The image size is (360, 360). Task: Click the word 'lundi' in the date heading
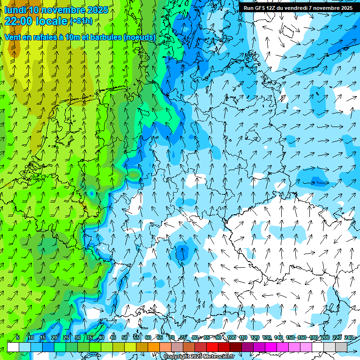[x=15, y=10]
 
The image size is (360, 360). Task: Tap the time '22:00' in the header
[x=19, y=21]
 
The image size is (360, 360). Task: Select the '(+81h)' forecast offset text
[x=81, y=21]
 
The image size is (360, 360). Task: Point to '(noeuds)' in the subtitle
[x=140, y=37]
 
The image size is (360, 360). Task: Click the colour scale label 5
[x=17, y=338]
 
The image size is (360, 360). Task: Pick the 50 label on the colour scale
[x=125, y=338]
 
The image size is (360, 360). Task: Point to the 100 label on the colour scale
[x=232, y=338]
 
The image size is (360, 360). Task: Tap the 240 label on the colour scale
[x=349, y=338]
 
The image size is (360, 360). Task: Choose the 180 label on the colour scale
[x=314, y=338]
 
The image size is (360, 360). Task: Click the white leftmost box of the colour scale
[x=13, y=347]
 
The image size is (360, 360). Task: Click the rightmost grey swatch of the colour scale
[x=341, y=347]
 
